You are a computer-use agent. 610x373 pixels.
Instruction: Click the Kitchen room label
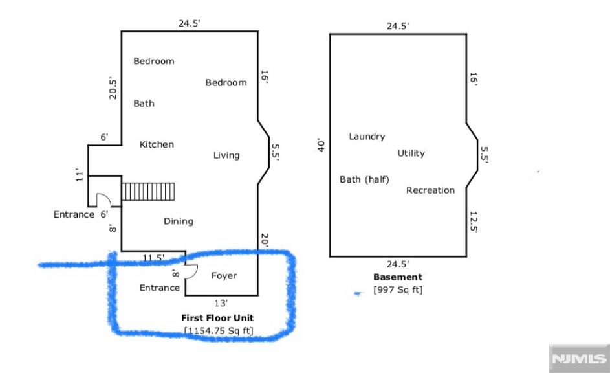point(157,144)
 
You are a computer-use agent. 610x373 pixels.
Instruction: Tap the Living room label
point(226,155)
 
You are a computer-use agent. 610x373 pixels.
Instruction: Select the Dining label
point(178,221)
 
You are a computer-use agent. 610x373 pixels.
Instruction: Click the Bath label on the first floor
point(144,103)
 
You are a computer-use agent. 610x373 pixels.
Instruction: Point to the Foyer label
point(224,276)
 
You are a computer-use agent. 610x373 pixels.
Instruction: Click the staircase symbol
point(148,192)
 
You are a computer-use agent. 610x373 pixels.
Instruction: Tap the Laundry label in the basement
point(367,137)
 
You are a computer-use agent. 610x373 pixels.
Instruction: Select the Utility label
point(411,153)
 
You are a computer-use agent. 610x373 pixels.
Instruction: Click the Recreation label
point(430,190)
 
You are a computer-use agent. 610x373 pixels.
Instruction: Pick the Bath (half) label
point(364,179)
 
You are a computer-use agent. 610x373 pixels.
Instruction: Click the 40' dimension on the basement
point(321,145)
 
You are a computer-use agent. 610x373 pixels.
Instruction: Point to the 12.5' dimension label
point(474,222)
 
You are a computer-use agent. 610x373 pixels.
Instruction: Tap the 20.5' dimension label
point(113,88)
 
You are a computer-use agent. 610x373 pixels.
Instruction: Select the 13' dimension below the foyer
point(221,303)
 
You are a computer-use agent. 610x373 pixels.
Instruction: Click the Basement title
point(398,277)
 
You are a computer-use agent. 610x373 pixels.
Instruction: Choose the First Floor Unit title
point(217,318)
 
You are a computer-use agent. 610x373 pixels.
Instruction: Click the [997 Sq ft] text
point(398,290)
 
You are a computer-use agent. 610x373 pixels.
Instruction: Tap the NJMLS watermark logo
point(579,358)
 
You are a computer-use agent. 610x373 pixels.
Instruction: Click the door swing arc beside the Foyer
point(193,273)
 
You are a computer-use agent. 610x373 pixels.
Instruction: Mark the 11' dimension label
point(80,175)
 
